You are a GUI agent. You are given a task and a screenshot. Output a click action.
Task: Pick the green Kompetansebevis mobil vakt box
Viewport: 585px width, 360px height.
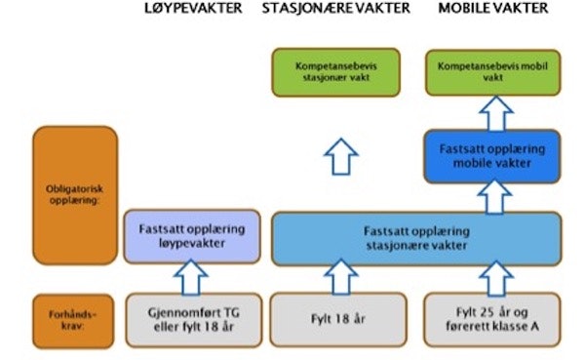tap(493, 71)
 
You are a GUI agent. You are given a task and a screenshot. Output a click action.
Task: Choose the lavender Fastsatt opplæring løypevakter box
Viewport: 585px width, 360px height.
tap(191, 238)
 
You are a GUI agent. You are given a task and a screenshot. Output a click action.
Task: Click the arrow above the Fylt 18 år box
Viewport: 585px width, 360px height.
tap(337, 278)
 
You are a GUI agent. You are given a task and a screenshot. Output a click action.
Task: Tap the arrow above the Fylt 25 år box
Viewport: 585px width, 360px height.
tap(493, 278)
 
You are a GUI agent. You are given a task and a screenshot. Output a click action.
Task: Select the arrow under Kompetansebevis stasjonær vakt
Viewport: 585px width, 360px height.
tap(337, 154)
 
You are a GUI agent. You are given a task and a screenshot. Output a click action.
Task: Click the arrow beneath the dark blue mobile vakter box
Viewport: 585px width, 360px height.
tap(493, 197)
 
